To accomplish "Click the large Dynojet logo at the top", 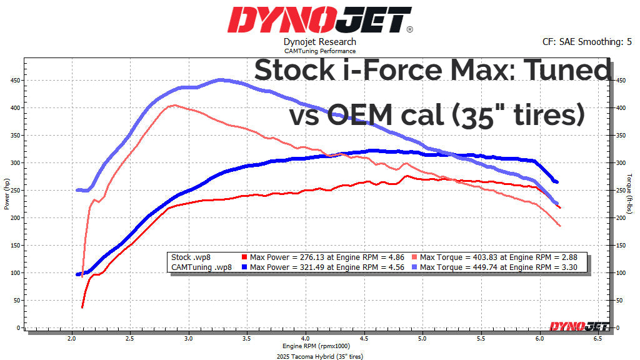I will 319,19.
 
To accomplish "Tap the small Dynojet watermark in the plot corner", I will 574,326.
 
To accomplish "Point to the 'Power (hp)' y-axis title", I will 7,194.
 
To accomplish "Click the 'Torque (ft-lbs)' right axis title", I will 630,194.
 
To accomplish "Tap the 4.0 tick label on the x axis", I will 305,338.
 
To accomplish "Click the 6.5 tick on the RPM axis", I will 597,338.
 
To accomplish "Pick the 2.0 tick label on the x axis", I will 71,338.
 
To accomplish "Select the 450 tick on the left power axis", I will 16,81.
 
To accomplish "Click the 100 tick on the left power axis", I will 16,273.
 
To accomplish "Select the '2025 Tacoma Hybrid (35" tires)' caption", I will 320,356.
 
